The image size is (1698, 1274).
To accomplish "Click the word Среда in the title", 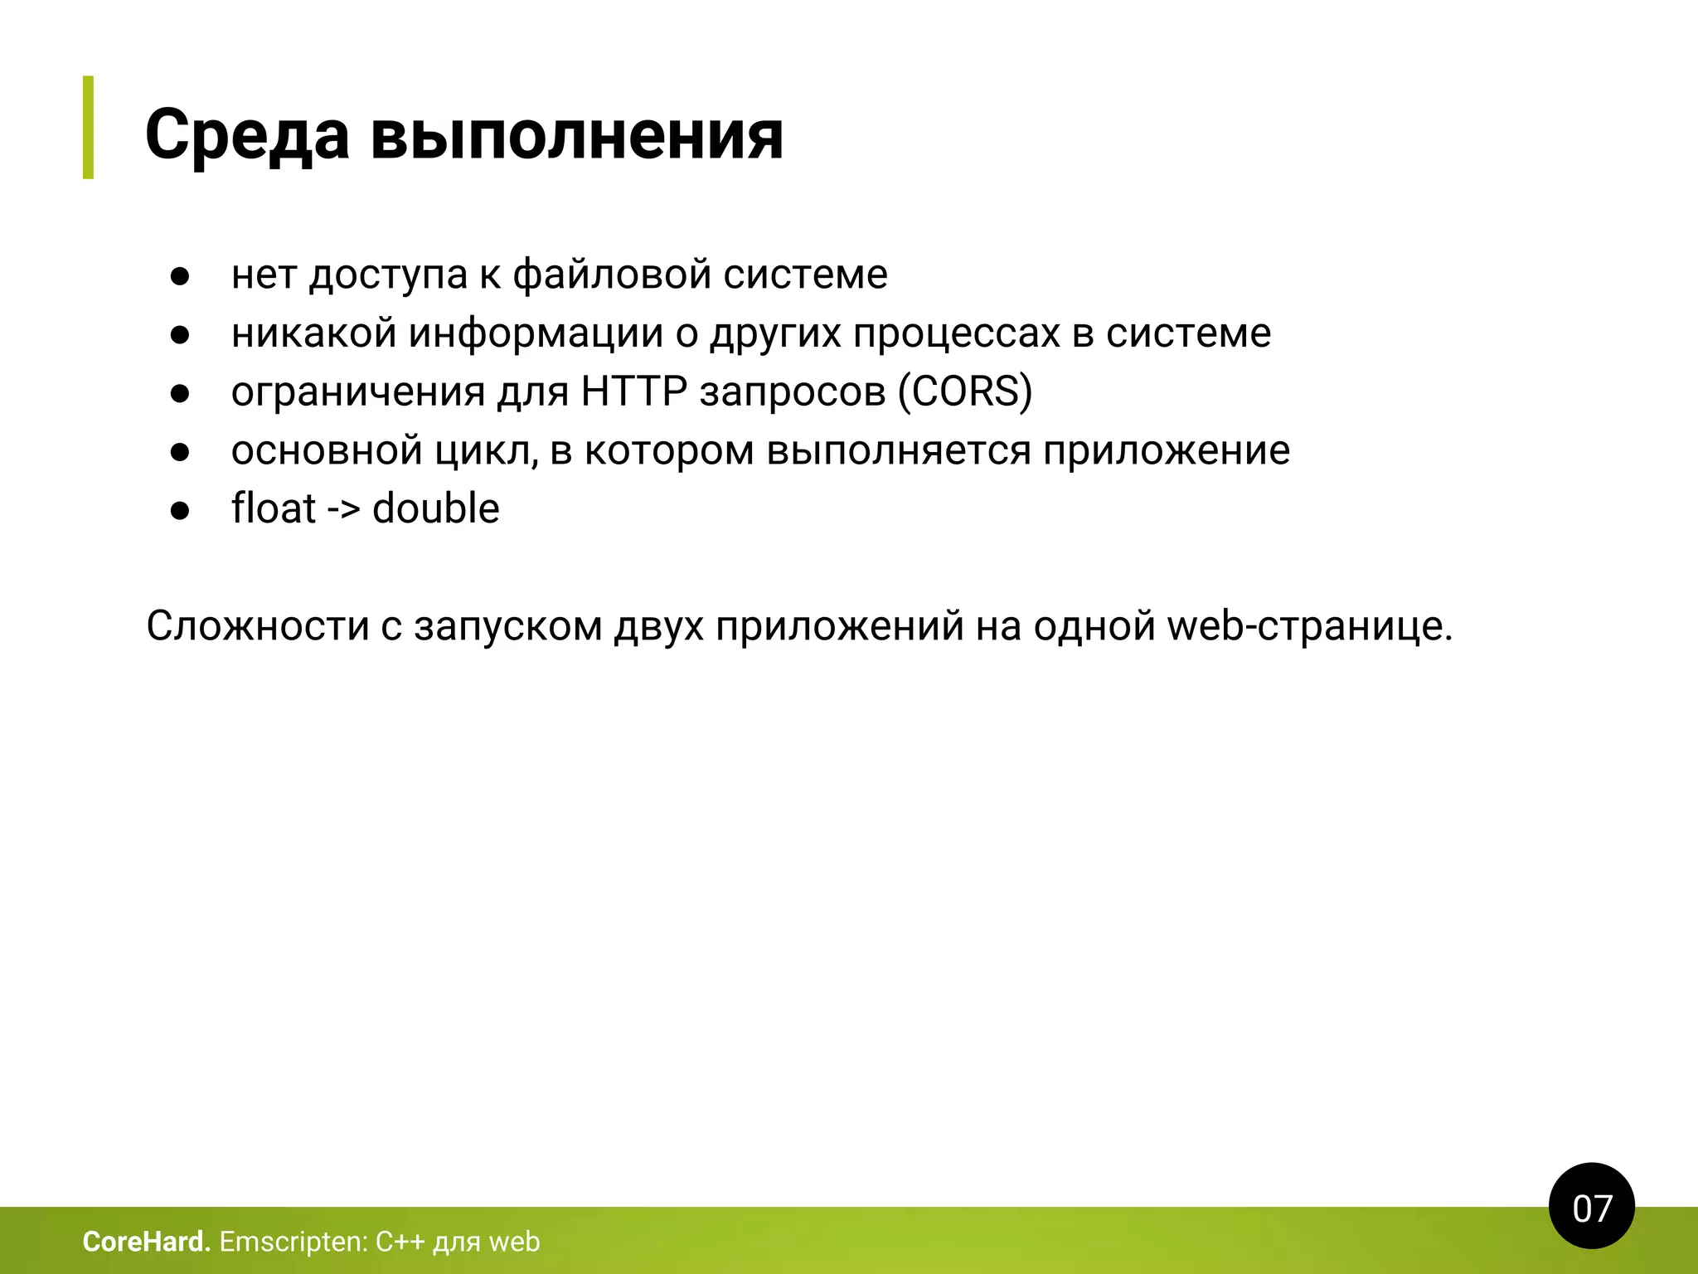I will pos(247,135).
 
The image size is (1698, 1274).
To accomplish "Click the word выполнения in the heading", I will pos(576,135).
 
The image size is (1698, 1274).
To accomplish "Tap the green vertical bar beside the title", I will pos(88,127).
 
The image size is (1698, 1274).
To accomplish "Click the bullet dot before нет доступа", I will pos(180,276).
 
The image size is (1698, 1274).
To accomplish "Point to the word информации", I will pos(536,333).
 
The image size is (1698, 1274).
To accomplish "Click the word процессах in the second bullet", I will pos(956,333).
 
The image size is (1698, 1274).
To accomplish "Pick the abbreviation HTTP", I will pos(633,391).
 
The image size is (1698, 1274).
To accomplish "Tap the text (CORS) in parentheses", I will pos(965,391).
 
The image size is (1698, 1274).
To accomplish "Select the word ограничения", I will pos(357,391).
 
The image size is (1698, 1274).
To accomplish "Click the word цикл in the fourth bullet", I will pos(487,450).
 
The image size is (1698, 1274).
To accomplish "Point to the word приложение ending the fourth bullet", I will pos(1166,450).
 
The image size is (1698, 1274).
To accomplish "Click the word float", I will pos(273,508).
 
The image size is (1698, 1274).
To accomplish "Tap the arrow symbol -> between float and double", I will pos(343,508).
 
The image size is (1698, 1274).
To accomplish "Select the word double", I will pos(436,508).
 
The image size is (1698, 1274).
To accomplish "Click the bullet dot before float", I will pos(180,511).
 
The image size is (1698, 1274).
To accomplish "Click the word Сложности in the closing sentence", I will pos(257,626).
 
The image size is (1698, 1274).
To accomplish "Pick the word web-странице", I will pos(1309,626).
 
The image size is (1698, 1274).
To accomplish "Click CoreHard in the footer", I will pos(146,1242).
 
